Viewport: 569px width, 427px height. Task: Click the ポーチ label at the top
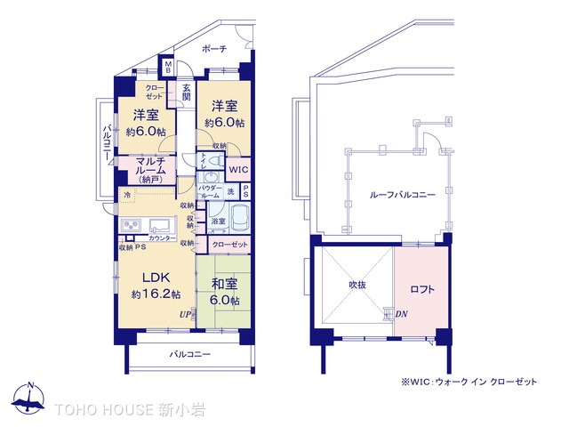coord(214,49)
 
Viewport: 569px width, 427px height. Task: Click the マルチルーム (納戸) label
coord(149,168)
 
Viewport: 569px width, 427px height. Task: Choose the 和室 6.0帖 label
coord(224,291)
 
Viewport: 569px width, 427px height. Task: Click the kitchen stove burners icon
coord(131,224)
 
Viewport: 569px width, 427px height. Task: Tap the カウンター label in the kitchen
coord(163,238)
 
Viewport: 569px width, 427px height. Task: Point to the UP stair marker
coord(184,314)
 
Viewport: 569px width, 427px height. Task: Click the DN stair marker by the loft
coord(401,313)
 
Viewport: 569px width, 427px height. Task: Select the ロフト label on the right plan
coord(423,288)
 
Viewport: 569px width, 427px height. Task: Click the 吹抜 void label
coord(357,285)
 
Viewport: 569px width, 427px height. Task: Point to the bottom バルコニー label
coord(190,354)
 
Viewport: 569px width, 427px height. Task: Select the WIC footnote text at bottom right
coord(469,381)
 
